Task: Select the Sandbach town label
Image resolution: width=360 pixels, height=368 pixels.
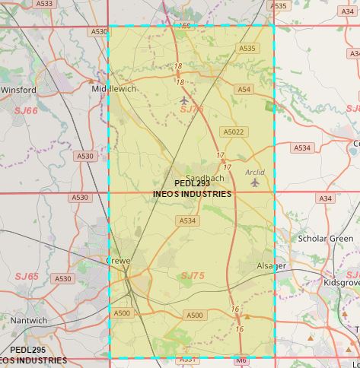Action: point(205,178)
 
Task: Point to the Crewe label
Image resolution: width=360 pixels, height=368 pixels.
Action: point(118,261)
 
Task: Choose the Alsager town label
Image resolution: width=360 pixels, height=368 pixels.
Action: point(271,266)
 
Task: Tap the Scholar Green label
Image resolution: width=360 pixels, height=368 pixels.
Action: point(325,238)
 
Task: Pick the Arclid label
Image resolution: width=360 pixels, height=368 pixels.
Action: point(255,173)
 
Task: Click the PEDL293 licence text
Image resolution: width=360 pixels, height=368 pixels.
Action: point(192,183)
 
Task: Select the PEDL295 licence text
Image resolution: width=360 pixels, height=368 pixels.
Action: point(29,350)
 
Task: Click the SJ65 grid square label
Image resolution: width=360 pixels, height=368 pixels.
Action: point(26,276)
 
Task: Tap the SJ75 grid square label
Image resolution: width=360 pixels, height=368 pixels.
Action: point(193,276)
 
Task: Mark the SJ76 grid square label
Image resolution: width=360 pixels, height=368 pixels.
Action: point(193,110)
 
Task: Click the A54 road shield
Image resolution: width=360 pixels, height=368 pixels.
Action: point(244,90)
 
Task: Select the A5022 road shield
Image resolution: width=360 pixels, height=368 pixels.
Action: point(234,132)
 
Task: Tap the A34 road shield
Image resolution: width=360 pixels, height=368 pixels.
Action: point(327,198)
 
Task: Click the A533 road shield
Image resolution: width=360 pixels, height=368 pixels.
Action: point(45,4)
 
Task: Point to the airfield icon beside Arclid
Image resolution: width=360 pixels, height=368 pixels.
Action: point(255,182)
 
